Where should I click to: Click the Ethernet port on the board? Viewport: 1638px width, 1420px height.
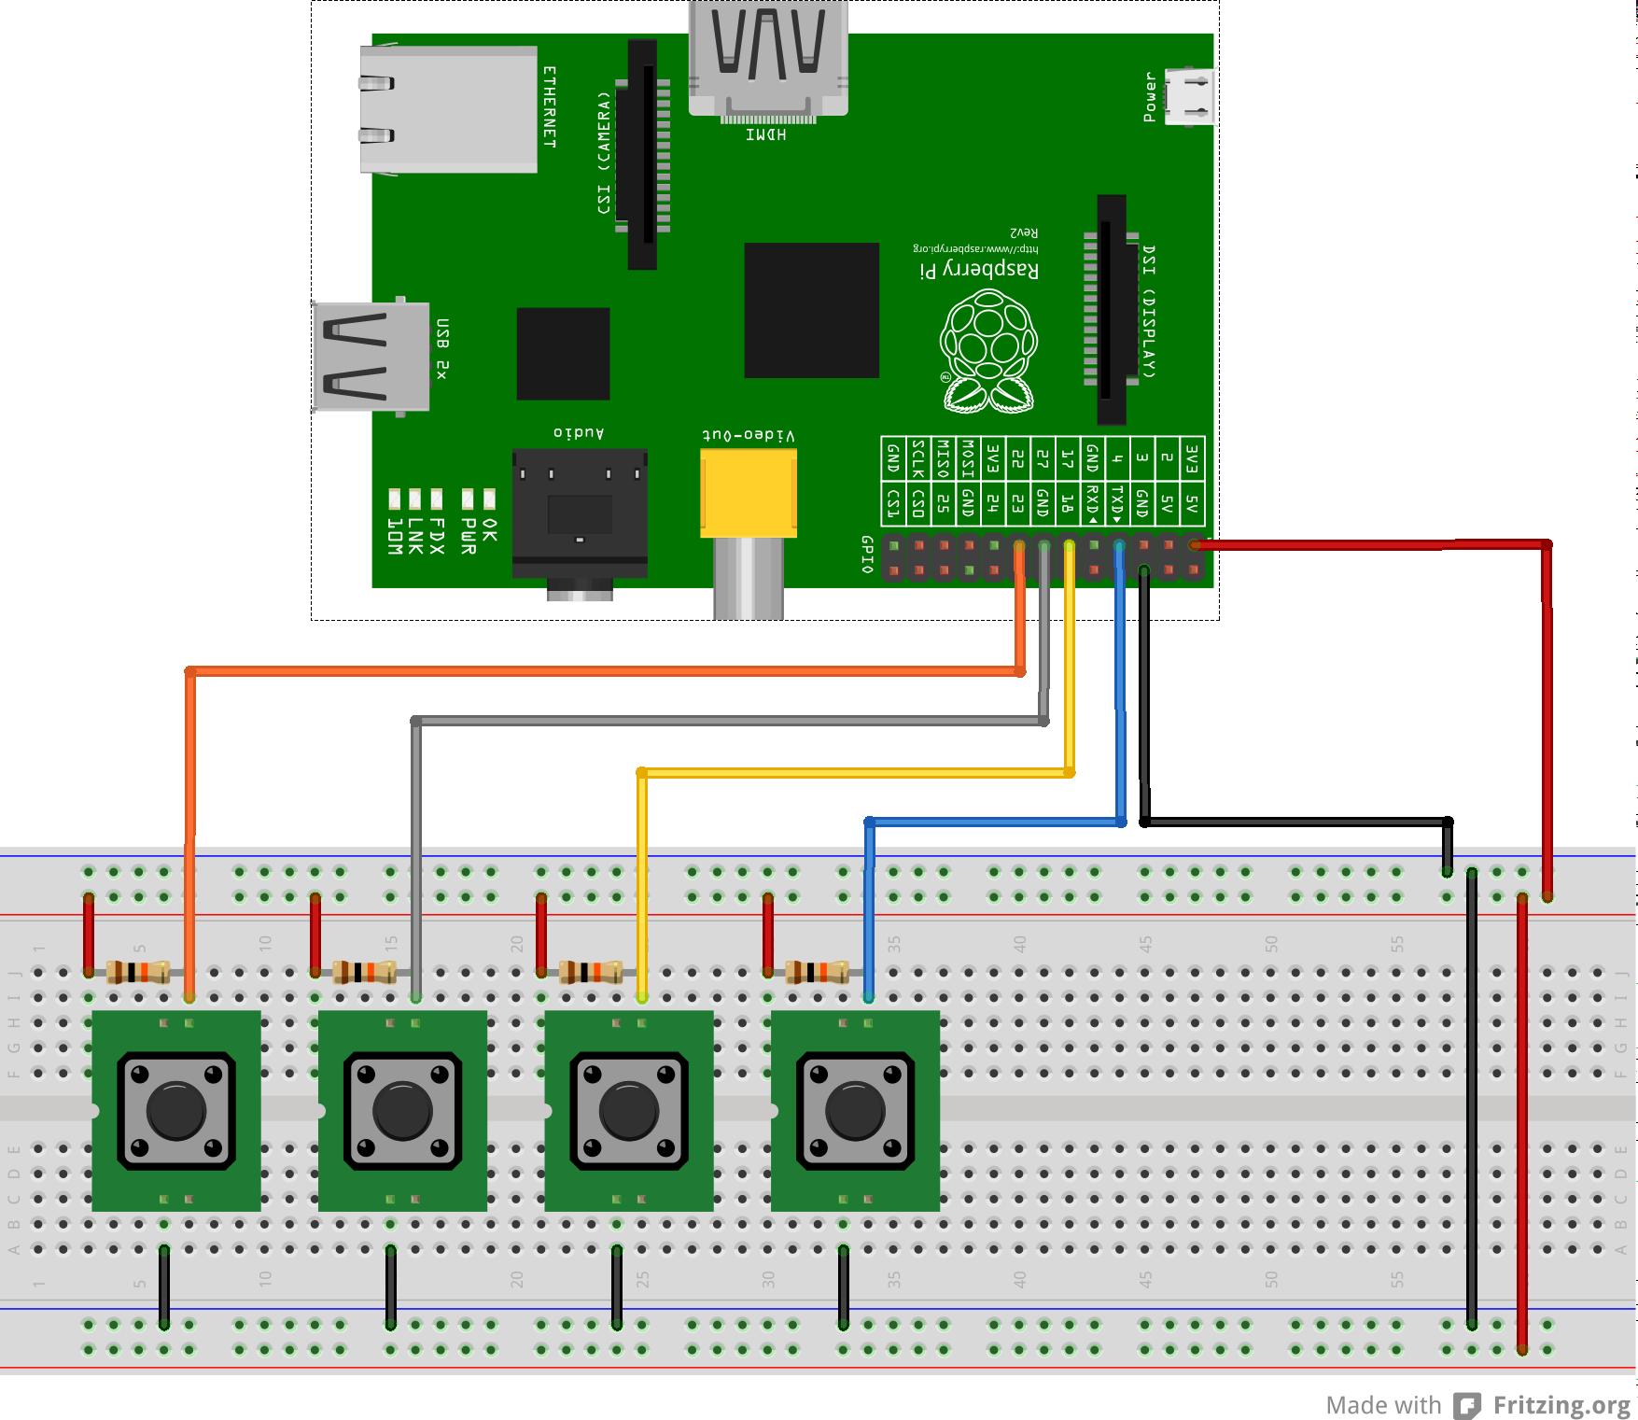449,109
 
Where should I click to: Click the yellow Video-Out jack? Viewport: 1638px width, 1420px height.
749,492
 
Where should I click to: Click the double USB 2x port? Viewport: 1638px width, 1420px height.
371,356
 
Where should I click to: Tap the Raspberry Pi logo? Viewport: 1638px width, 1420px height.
988,350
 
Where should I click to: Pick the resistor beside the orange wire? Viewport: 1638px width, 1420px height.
138,972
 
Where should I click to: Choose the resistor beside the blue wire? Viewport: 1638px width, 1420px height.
817,972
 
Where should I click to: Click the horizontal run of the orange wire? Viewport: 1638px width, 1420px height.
607,671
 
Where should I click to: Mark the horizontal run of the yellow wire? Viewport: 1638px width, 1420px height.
854,772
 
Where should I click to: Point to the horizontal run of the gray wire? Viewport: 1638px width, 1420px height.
728,721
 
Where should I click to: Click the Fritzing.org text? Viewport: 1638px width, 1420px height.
1561,1404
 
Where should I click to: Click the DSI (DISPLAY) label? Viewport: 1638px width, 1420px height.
1149,312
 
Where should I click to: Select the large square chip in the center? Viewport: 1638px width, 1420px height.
811,310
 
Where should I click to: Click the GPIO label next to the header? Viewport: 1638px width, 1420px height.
867,555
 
